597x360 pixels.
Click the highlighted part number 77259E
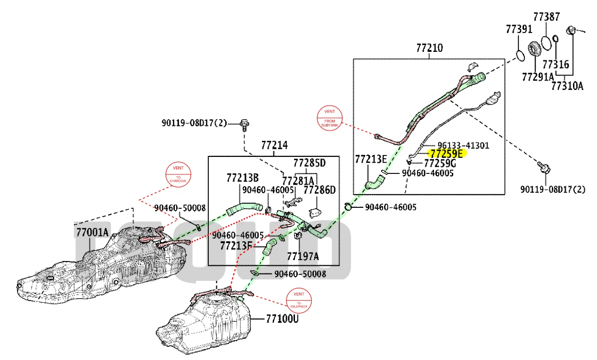446,153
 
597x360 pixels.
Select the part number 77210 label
429,48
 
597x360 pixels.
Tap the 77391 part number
519,29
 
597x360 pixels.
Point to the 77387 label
546,17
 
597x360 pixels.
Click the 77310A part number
567,86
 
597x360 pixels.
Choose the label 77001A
92,232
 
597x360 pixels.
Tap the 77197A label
303,256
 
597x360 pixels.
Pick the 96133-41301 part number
463,145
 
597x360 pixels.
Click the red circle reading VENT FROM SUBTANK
330,116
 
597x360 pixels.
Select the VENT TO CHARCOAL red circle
178,174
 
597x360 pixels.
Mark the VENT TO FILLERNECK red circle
299,299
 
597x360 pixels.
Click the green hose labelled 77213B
243,207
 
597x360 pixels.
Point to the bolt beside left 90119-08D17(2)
245,124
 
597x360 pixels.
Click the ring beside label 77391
520,56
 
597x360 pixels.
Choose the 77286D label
319,190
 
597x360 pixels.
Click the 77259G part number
440,164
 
